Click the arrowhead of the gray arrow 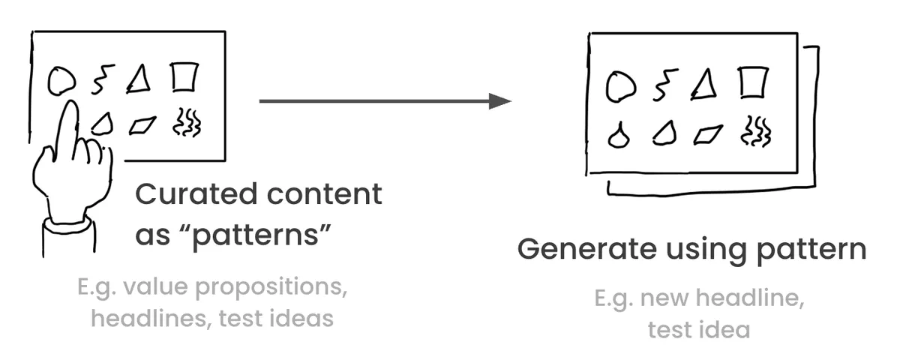point(500,101)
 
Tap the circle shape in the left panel point(49,80)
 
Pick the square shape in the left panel point(172,77)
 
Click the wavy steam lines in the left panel point(187,123)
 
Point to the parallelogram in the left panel point(142,126)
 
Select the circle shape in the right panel point(607,87)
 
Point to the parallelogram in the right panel point(708,134)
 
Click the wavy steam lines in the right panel point(756,131)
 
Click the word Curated point(196,194)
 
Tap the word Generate point(587,249)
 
